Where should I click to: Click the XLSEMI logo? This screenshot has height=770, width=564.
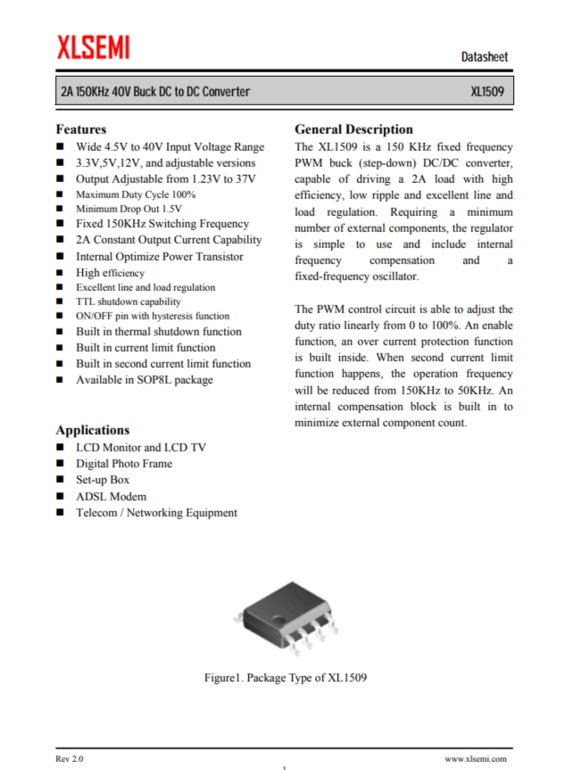coord(93,48)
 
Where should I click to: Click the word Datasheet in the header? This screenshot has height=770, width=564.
coord(485,57)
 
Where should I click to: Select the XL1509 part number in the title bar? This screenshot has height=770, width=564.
coord(489,92)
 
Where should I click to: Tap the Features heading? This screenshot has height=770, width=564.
coord(80,129)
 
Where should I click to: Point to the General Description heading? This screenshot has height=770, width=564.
coord(353,129)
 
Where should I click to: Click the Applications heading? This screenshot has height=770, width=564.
coord(92,429)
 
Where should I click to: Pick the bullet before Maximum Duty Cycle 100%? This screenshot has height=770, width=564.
coord(60,195)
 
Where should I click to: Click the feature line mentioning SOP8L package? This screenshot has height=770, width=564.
coord(144,379)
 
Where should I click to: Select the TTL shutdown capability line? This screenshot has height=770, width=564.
coord(128,302)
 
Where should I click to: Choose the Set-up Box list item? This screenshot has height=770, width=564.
coord(102,480)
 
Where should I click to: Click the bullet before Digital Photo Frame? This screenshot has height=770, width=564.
coord(60,464)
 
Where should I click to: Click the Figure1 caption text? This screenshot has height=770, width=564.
coord(286,677)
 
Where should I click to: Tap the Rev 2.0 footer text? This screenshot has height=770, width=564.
coord(69,758)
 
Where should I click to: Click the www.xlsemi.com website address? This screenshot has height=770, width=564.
coord(476,758)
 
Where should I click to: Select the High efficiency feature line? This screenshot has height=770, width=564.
coord(110,273)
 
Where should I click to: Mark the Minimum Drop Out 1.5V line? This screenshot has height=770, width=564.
coord(129,209)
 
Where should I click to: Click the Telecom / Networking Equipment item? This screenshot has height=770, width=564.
coord(156,512)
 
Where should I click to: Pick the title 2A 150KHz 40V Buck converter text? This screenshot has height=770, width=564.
coord(154,92)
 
